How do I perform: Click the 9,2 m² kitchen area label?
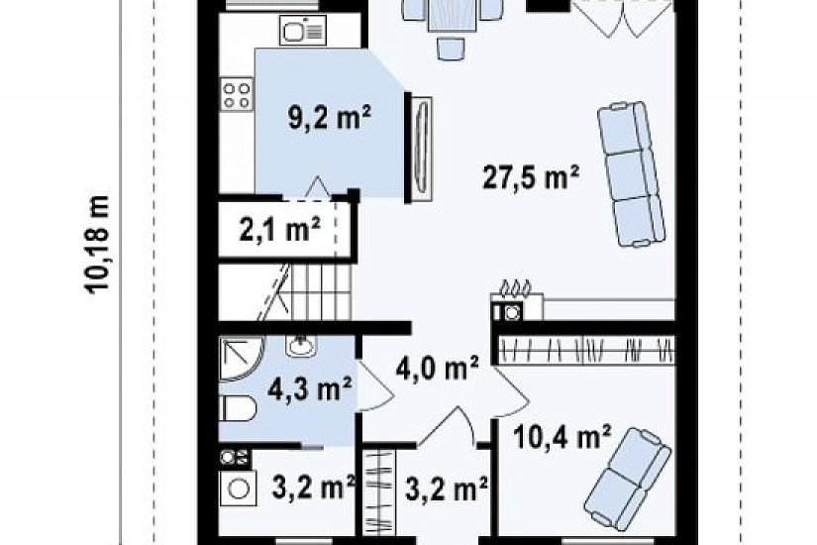click(330, 118)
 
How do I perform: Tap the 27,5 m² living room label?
click(531, 177)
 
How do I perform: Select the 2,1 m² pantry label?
click(280, 229)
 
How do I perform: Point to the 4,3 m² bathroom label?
click(310, 388)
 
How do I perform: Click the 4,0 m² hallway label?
click(437, 369)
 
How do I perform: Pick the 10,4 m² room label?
click(562, 437)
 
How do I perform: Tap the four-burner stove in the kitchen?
click(237, 94)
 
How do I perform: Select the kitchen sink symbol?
click(303, 31)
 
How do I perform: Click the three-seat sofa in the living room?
click(631, 174)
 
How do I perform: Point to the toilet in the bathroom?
click(238, 408)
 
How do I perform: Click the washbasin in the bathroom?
click(301, 346)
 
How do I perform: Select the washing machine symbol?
click(238, 489)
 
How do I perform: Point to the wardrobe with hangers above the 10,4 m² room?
click(586, 349)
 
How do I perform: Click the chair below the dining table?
click(452, 50)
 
